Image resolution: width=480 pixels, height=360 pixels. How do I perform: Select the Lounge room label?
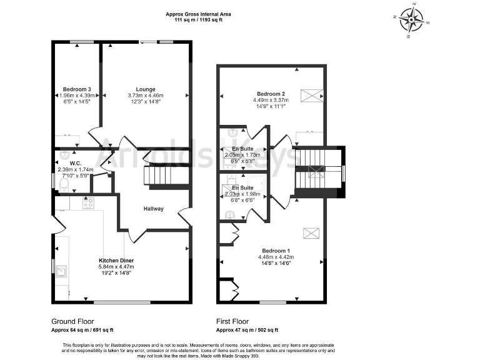145,89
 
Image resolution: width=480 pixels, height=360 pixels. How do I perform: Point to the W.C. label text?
68,164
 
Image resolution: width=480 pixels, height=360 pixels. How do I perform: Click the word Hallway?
153,209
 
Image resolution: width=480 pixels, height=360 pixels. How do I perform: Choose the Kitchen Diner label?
116,260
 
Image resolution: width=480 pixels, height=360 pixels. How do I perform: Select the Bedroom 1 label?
275,250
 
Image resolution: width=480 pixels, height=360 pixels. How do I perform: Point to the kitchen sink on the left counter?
62,271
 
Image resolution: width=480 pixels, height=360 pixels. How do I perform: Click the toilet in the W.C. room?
64,182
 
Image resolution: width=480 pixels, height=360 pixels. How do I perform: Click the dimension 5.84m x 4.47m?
116,267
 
